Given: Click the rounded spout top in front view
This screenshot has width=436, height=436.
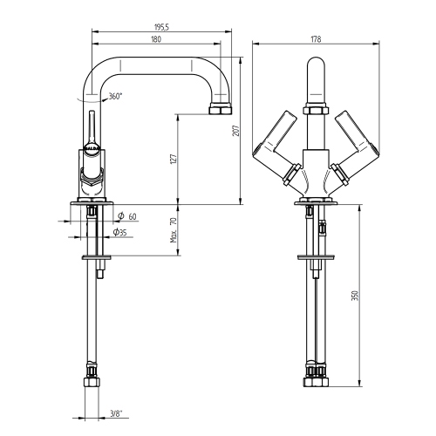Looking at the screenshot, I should [x=316, y=70].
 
